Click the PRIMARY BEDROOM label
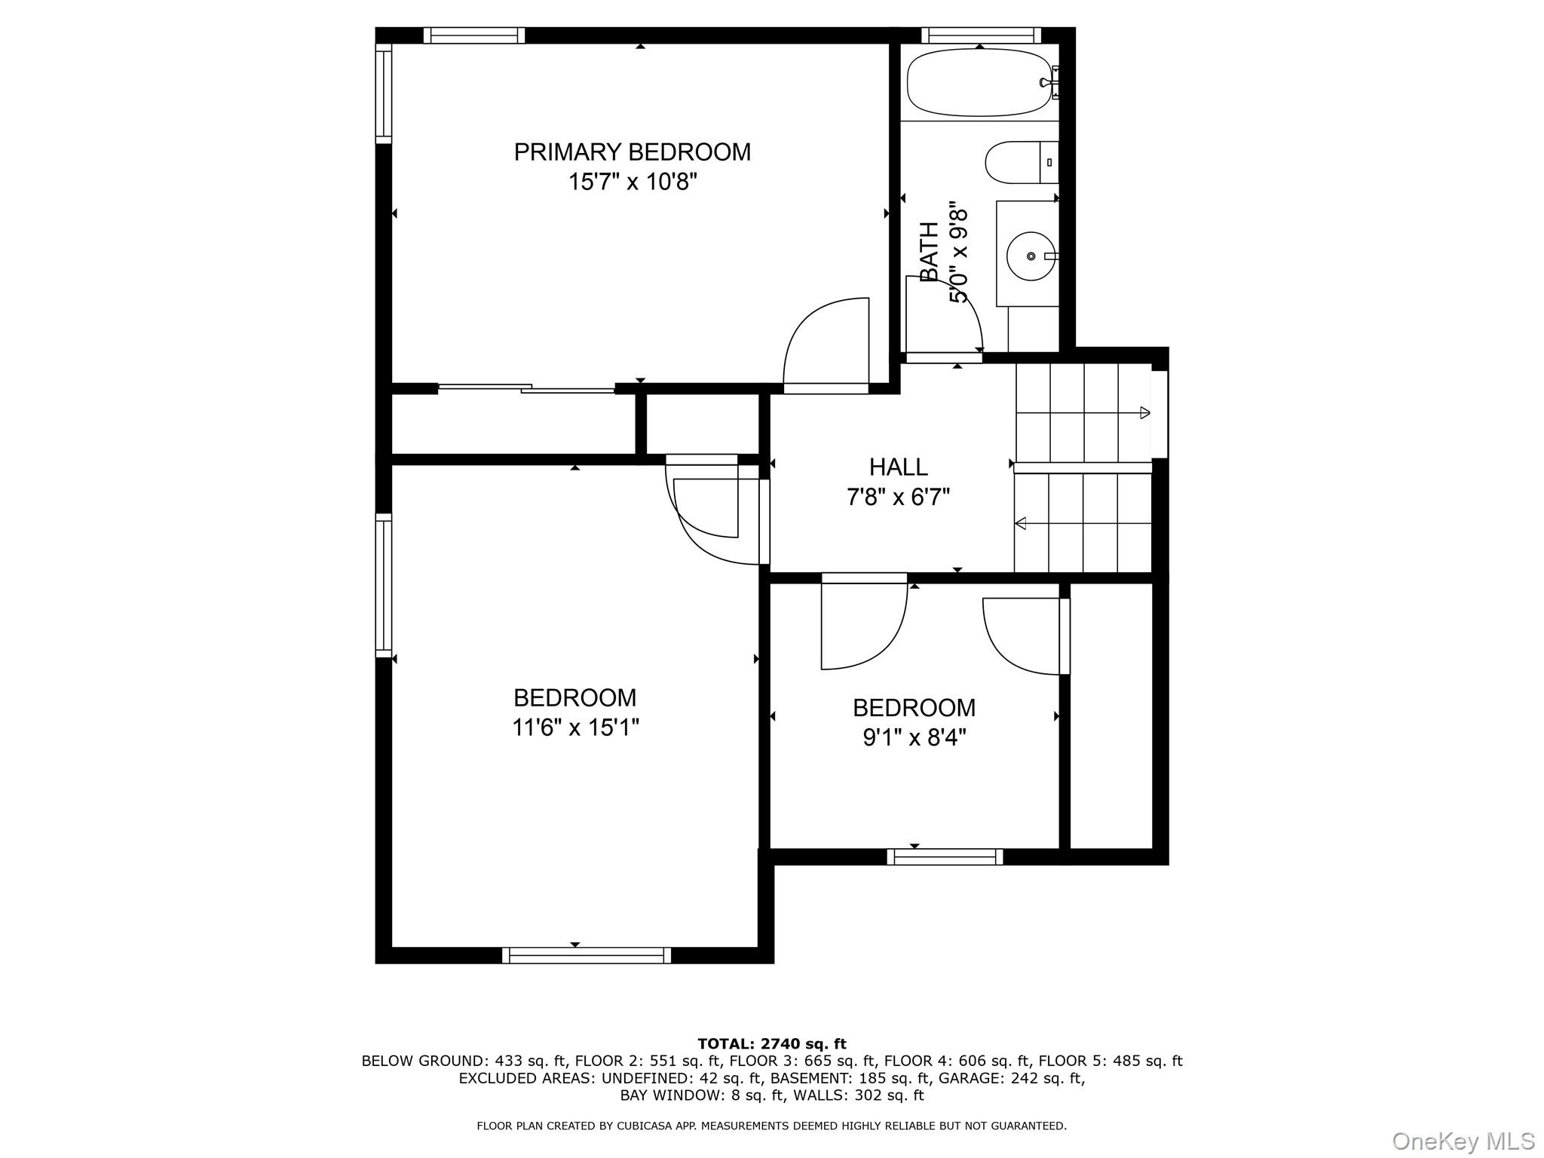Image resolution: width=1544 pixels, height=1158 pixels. [x=632, y=152]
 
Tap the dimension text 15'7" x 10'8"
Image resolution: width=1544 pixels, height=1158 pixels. [x=632, y=182]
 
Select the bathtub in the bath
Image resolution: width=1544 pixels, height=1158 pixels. [x=979, y=82]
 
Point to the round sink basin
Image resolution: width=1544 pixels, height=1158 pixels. [x=1031, y=256]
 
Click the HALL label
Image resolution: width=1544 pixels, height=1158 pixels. [x=898, y=467]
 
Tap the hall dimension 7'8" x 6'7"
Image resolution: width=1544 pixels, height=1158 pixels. [x=898, y=498]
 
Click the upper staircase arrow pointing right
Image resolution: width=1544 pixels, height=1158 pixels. [x=1144, y=412]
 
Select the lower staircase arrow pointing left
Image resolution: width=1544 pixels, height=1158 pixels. [x=1021, y=522]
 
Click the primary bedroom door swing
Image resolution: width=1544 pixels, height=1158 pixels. [x=826, y=343]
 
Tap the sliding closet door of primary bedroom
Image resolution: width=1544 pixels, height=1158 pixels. [x=526, y=388]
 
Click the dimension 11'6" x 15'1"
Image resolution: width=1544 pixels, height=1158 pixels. [x=575, y=728]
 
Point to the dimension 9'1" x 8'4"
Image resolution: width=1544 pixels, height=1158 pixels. [x=914, y=737]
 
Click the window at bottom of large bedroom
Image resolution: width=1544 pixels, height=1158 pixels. [x=586, y=955]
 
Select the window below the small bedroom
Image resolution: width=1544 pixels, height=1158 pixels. [x=945, y=856]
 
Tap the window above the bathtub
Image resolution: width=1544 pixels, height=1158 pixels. [x=980, y=35]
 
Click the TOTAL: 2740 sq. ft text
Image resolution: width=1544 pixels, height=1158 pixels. [x=771, y=1044]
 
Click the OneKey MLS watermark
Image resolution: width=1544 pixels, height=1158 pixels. [x=1463, y=1141]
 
